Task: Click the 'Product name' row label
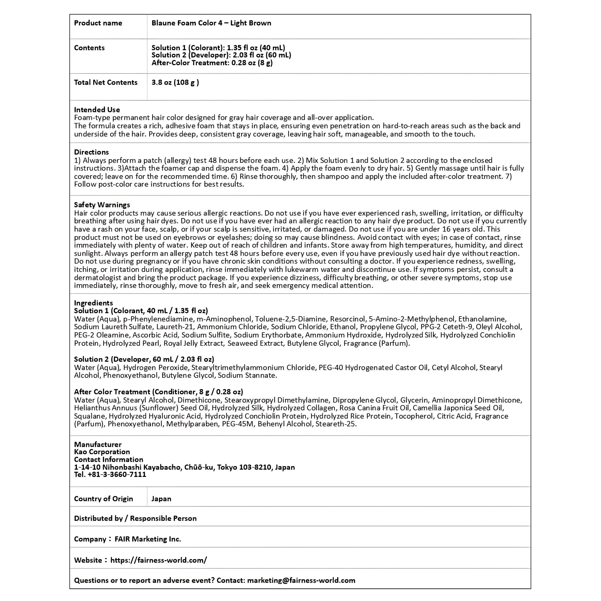(98, 23)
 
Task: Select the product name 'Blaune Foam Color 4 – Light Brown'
(211, 23)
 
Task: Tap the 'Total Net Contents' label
(105, 82)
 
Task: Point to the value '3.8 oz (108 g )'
(175, 82)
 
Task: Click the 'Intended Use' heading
(97, 110)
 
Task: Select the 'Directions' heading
(91, 152)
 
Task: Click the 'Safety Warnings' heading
(102, 205)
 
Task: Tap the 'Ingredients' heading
(93, 303)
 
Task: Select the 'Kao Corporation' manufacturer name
(102, 452)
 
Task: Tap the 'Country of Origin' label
(103, 499)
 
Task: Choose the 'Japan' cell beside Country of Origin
(161, 499)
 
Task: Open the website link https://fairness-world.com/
(158, 560)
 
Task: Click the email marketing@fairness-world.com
(301, 580)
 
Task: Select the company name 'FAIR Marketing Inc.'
(148, 539)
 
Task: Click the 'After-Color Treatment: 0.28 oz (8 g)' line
(212, 63)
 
